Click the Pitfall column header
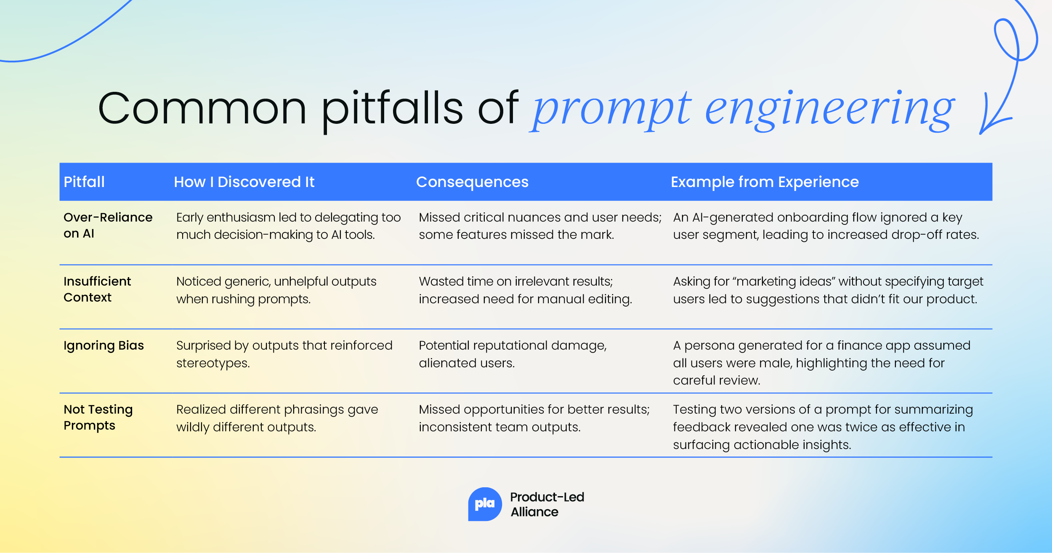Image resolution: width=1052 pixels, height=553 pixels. (x=84, y=182)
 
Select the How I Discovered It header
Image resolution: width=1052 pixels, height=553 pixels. (x=244, y=182)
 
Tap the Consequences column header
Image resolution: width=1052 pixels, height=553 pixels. (x=472, y=182)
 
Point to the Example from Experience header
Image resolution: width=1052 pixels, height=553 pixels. (x=765, y=182)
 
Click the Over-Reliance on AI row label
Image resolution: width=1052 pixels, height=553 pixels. (x=108, y=225)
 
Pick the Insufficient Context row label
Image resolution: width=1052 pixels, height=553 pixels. (x=97, y=289)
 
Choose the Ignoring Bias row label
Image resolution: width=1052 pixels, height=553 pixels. (x=104, y=345)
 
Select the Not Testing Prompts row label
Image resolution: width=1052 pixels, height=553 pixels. (x=98, y=417)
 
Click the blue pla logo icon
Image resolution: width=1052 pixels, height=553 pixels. (x=485, y=504)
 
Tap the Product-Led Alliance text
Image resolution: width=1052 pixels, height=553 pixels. (x=547, y=504)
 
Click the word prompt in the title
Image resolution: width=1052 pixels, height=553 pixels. (x=610, y=110)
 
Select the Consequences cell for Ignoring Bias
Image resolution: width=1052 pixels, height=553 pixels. (x=513, y=354)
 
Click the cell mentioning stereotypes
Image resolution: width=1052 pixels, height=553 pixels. (x=284, y=354)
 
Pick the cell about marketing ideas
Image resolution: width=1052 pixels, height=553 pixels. (x=828, y=290)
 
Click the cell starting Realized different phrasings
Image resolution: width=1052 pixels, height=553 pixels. (x=277, y=418)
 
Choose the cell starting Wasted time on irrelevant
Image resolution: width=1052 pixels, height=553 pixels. (x=525, y=290)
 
